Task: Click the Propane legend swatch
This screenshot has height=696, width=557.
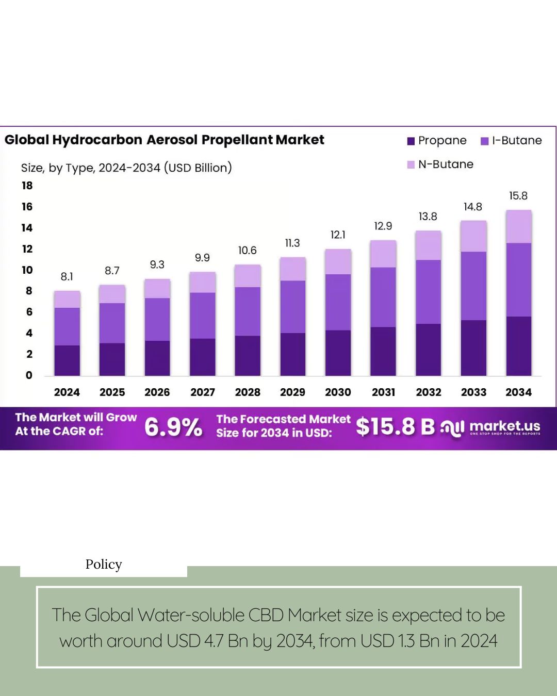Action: [x=411, y=141]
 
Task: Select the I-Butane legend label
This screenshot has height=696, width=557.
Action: [x=516, y=141]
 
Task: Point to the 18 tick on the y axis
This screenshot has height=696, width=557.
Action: [x=27, y=186]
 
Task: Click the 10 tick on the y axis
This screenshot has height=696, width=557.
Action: [x=27, y=270]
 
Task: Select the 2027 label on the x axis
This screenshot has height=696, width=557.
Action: [x=202, y=392]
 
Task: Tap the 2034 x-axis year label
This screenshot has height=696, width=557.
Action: [x=518, y=392]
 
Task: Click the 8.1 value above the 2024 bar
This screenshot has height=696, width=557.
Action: [x=67, y=277]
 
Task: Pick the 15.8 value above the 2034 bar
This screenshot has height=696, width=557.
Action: [x=518, y=196]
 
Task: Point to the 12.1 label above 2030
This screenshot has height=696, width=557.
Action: [x=338, y=235]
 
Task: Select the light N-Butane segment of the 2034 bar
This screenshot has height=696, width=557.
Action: [x=518, y=226]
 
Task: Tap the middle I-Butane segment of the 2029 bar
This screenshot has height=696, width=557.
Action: [x=292, y=307]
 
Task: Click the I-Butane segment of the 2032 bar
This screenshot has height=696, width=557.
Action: [x=428, y=292]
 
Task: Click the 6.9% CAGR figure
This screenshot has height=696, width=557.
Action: [x=173, y=427]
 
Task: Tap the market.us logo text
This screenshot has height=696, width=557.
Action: [x=504, y=426]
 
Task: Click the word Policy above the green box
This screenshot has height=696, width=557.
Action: [x=104, y=565]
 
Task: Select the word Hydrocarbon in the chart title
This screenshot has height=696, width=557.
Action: [x=97, y=140]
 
